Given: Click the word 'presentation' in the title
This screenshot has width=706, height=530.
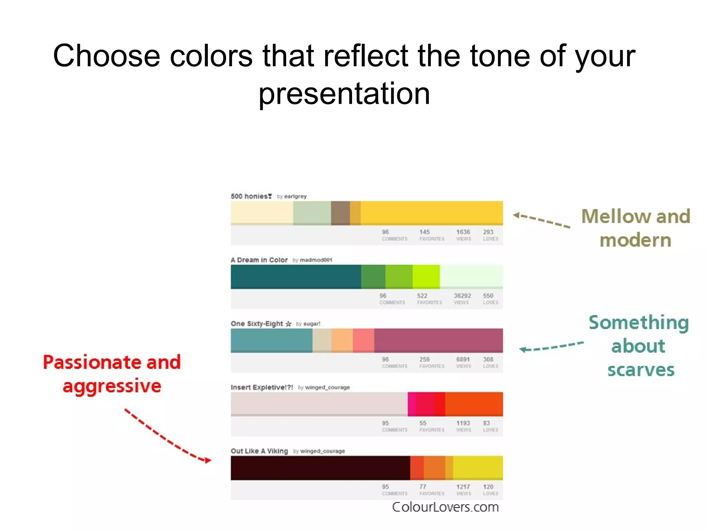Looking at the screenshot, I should click(344, 94).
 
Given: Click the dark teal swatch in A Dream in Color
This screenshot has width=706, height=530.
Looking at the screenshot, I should click(296, 277).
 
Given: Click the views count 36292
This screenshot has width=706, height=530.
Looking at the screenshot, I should click(462, 296).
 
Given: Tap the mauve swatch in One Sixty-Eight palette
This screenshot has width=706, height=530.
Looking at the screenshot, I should click(438, 340).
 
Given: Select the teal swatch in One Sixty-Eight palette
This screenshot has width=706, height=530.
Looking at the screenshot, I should click(271, 340).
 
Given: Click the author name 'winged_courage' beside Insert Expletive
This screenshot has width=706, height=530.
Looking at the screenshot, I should click(327, 387).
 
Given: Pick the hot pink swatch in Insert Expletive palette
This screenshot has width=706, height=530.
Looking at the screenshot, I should click(412, 404).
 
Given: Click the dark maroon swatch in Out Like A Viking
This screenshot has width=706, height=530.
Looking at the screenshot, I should click(320, 468).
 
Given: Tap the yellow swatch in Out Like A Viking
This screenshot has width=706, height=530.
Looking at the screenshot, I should click(477, 468).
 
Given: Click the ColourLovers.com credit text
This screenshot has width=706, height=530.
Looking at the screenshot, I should click(445, 507).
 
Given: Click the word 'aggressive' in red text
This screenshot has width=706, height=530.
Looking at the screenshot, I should click(112, 386).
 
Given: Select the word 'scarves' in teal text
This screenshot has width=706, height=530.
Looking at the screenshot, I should click(641, 370).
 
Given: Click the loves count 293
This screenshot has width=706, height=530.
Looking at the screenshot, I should click(488, 232).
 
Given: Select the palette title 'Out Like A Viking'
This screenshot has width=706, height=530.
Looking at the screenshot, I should click(259, 451).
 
